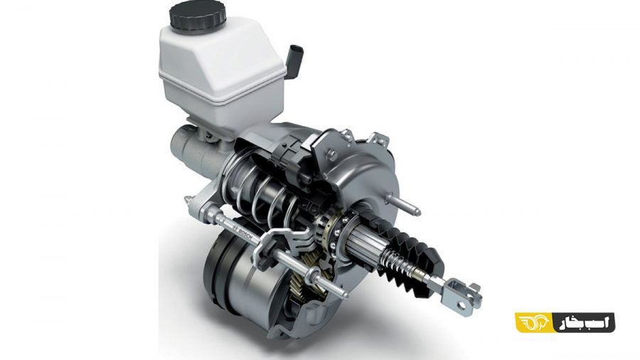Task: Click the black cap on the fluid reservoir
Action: pyautogui.click(x=198, y=16)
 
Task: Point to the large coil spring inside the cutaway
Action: pyautogui.click(x=261, y=192)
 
